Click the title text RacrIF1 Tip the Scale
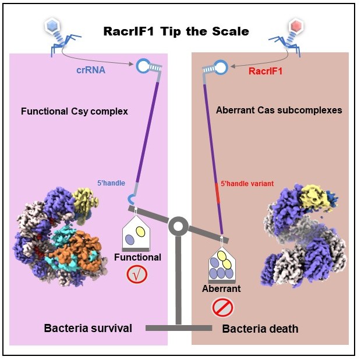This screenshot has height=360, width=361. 176,31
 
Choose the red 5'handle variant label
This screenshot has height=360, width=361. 247,184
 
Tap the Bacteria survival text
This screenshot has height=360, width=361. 88,329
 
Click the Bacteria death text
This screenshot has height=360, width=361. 260,329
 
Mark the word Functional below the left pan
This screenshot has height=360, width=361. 137,257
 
